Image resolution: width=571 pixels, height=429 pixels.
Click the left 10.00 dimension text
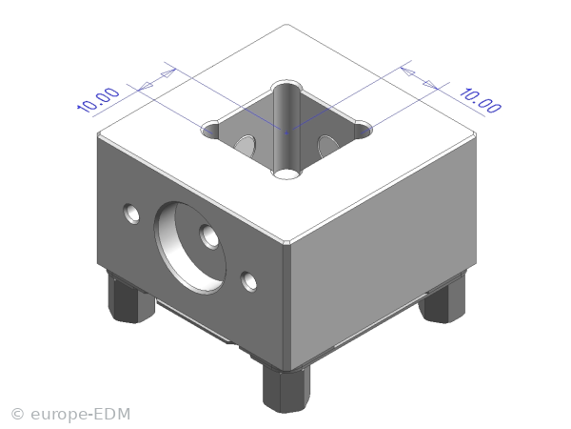click(x=98, y=99)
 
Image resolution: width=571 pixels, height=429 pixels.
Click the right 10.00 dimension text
click(x=481, y=100)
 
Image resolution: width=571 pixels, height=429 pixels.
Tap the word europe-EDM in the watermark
click(x=81, y=414)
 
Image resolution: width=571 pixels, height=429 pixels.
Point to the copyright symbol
click(x=17, y=415)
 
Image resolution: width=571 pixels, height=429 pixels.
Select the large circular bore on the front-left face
click(x=190, y=247)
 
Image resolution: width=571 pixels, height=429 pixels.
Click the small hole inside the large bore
click(x=209, y=236)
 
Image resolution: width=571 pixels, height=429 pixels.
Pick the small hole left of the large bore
click(x=131, y=214)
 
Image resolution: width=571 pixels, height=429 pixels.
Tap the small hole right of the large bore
click(x=248, y=281)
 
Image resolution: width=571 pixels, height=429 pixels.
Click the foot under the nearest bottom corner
click(x=286, y=389)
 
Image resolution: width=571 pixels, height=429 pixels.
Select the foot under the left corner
click(x=131, y=297)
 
